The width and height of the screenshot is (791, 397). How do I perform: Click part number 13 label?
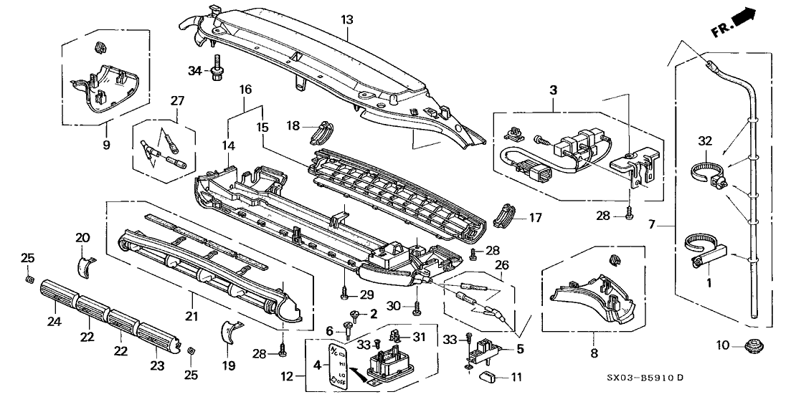[x=347, y=19]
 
